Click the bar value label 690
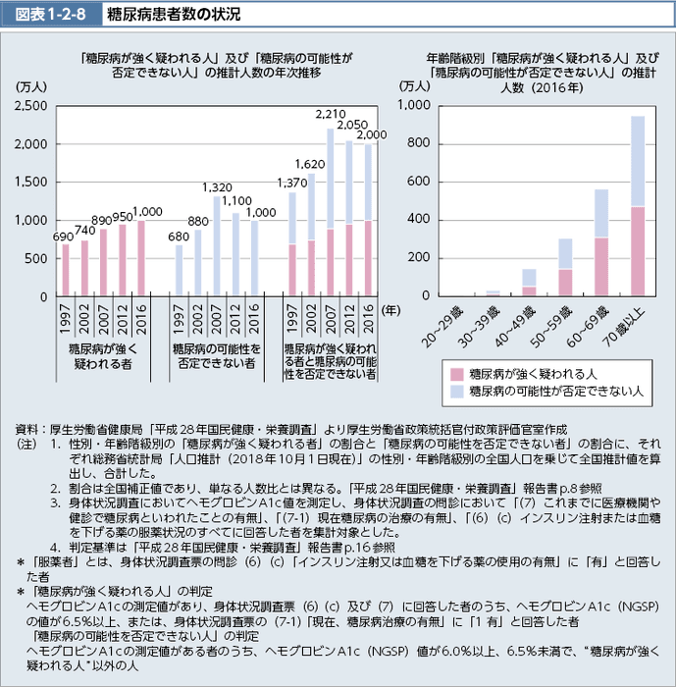pyautogui.click(x=64, y=237)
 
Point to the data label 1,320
pyautogui.click(x=217, y=185)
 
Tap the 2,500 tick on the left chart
pyautogui.click(x=31, y=105)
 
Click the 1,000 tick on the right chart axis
pyautogui.click(x=415, y=105)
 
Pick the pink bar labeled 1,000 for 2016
pyautogui.click(x=140, y=258)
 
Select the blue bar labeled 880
pyautogui.click(x=198, y=262)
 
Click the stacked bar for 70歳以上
pyautogui.click(x=638, y=206)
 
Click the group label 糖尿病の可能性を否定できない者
pyautogui.click(x=215, y=355)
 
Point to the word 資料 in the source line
pyautogui.click(x=28, y=429)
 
